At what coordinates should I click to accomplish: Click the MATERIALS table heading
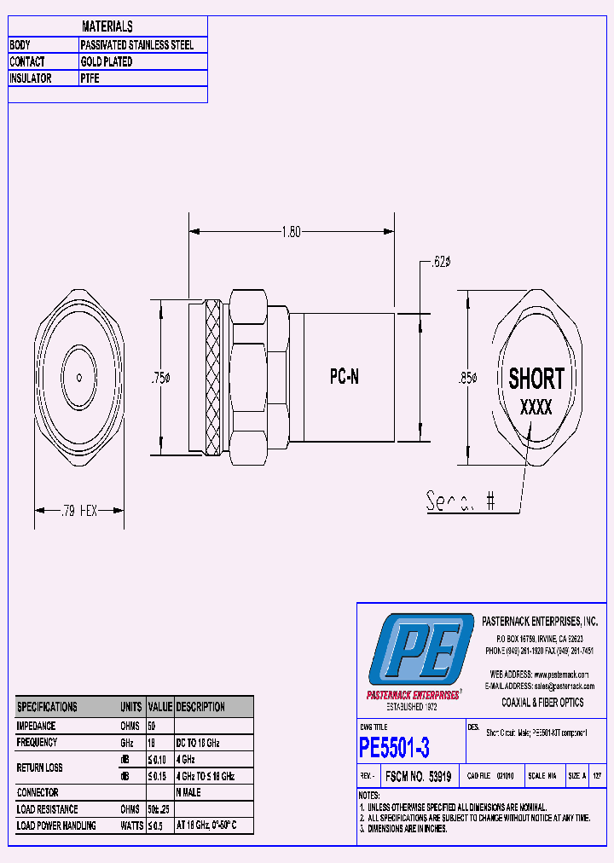(107, 27)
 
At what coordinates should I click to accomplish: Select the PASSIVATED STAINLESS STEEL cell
(137, 45)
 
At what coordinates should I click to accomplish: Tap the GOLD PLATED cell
(107, 62)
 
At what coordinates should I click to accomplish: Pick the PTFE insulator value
(90, 78)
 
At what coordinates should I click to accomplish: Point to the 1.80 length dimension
(291, 231)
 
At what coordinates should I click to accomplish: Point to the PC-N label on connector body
(344, 377)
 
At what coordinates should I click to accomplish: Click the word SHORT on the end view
(536, 378)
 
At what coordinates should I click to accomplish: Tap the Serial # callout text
(460, 502)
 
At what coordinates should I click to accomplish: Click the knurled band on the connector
(212, 377)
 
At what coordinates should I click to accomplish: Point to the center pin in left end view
(78, 377)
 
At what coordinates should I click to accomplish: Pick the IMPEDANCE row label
(36, 726)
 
